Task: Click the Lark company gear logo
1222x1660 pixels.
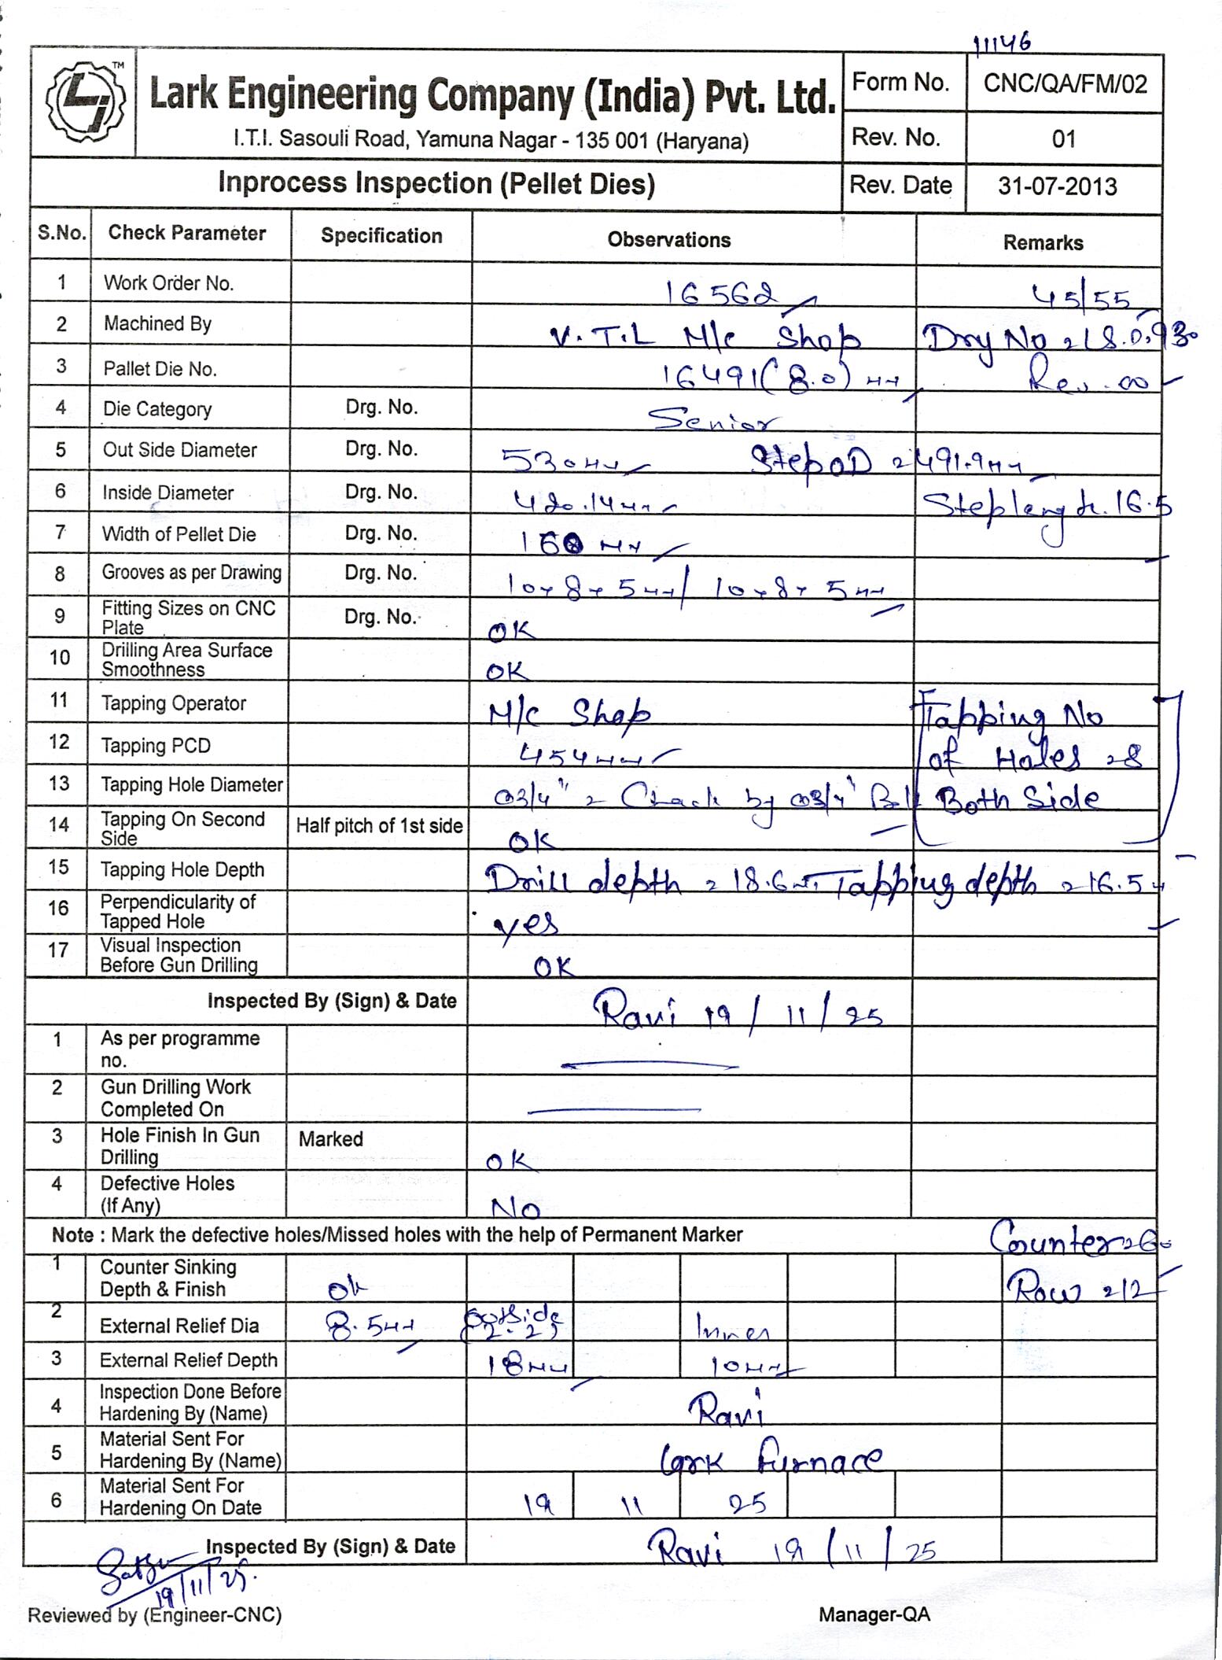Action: point(84,101)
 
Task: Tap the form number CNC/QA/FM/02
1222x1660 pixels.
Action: point(1065,83)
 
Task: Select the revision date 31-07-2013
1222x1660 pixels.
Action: point(1058,186)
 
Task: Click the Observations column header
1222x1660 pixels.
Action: point(668,240)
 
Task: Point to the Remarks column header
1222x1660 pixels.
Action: point(1043,243)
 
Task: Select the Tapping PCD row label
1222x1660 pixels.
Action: point(156,745)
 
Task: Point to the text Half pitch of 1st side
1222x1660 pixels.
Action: point(379,825)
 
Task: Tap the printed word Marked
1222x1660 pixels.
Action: point(330,1138)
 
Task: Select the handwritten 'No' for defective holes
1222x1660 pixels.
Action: point(515,1208)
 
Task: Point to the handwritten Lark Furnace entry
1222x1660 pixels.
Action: point(771,1461)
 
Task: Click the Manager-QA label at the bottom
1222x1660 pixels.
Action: point(874,1614)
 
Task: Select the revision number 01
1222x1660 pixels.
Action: point(1063,139)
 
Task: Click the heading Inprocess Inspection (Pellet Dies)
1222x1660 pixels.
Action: point(436,183)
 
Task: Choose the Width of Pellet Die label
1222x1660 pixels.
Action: point(179,534)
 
